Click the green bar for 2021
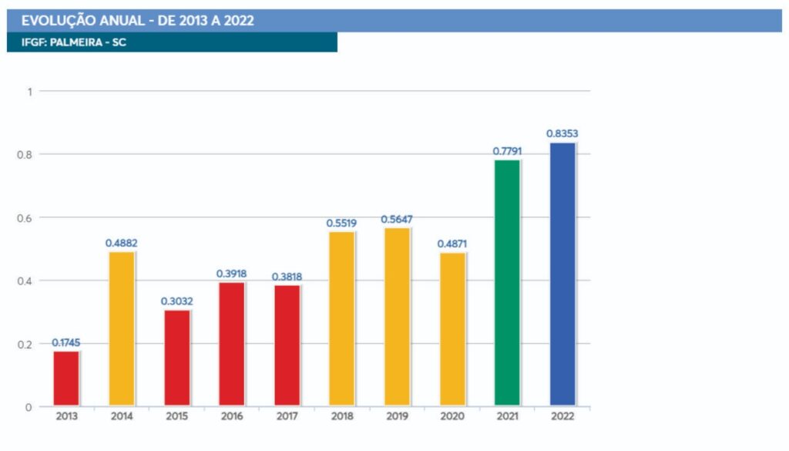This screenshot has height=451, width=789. point(507,282)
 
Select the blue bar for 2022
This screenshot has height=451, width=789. point(562,274)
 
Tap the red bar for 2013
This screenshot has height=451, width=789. point(66,378)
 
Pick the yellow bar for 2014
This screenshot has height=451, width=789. point(122,328)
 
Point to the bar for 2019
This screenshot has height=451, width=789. point(397,316)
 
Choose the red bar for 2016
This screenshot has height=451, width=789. point(232,344)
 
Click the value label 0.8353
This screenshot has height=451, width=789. point(562,133)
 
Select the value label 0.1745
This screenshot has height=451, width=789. point(67,342)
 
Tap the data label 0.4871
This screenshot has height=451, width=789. point(452,244)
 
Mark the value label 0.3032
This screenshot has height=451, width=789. point(176,301)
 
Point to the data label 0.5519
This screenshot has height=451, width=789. point(341,222)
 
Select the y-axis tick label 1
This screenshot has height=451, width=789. point(30,91)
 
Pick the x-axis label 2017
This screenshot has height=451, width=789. point(287,417)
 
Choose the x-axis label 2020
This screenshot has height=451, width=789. point(452,417)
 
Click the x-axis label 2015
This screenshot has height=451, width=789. point(176,417)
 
